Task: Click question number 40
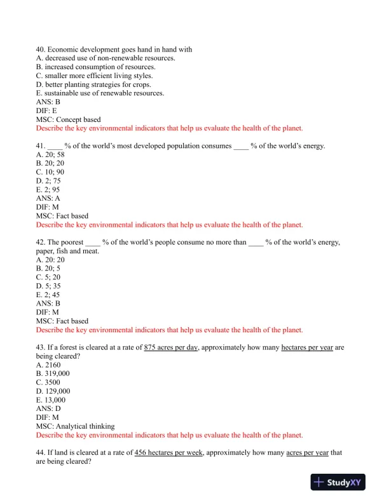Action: coord(41,50)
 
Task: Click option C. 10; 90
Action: coord(50,172)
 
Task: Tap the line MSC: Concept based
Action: coord(68,119)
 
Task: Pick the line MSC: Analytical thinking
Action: coord(76,426)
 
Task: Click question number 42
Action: coord(41,243)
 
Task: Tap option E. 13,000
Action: coord(51,400)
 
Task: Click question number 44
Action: coord(41,453)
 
